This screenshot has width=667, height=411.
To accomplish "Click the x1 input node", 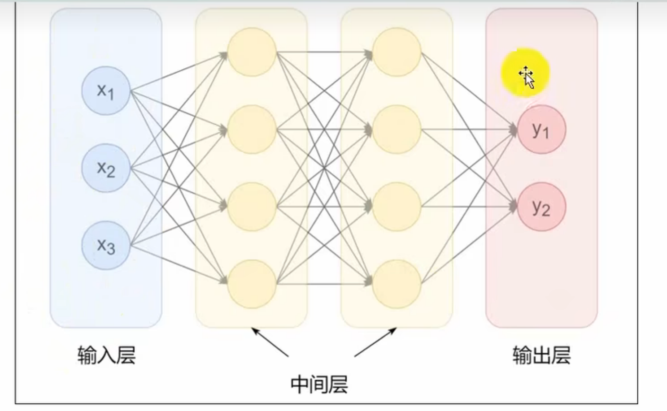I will pyautogui.click(x=106, y=91).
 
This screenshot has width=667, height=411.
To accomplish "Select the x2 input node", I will pyautogui.click(x=106, y=168).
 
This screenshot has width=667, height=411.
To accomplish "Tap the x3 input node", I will pyautogui.click(x=106, y=245).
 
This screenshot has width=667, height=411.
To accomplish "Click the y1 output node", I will pyautogui.click(x=541, y=130).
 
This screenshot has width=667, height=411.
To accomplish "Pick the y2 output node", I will pyautogui.click(x=541, y=207).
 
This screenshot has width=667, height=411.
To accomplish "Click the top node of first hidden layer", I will pyautogui.click(x=252, y=52).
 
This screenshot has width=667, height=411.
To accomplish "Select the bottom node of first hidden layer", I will pyautogui.click(x=252, y=284).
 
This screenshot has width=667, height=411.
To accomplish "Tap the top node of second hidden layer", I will pyautogui.click(x=397, y=52).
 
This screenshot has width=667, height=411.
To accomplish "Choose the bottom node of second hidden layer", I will pyautogui.click(x=397, y=284).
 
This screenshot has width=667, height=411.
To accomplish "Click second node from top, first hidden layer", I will pyautogui.click(x=252, y=130).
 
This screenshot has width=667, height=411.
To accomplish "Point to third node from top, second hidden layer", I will pyautogui.click(x=397, y=207).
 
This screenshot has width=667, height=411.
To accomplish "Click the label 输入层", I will pyautogui.click(x=106, y=355).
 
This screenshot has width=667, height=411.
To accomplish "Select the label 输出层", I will pyautogui.click(x=541, y=355).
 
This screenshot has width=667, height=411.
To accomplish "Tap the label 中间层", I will pyautogui.click(x=319, y=385).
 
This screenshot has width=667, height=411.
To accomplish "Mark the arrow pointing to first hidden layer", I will pyautogui.click(x=270, y=342).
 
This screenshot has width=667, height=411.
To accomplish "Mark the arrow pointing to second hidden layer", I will pyautogui.click(x=375, y=342).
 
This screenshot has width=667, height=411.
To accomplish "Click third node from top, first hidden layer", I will pyautogui.click(x=252, y=207).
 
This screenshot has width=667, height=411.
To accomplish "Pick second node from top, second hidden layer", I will pyautogui.click(x=397, y=130).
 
